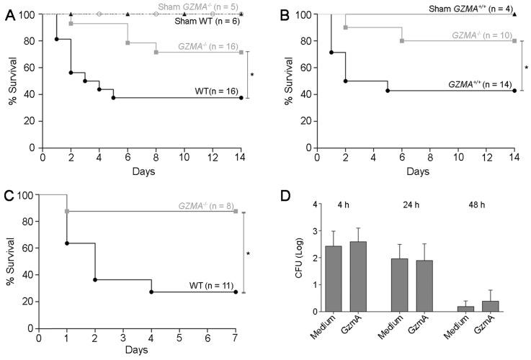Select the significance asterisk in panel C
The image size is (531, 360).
click(248, 253)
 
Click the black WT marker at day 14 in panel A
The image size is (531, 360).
click(241, 98)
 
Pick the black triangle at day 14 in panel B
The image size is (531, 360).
click(514, 14)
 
